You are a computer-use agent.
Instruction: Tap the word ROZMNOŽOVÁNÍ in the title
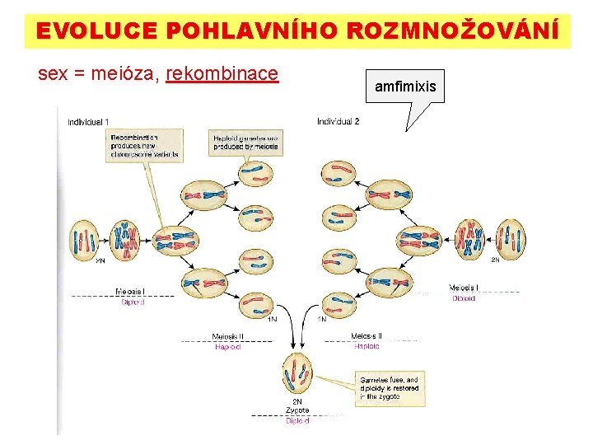[452, 30]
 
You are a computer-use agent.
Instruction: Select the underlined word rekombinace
[222, 74]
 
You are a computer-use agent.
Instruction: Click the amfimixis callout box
[405, 86]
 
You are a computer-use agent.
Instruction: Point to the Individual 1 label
[88, 123]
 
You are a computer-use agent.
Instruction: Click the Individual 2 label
[338, 122]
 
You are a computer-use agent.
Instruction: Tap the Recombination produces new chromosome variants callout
[144, 145]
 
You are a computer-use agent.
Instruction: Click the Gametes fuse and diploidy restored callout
[389, 387]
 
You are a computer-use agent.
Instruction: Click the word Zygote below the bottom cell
[297, 410]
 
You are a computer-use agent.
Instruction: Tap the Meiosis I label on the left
[131, 292]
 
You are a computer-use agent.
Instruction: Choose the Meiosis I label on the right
[463, 288]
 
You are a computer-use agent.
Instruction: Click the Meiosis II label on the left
[227, 336]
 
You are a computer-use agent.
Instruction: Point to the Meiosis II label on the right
[367, 336]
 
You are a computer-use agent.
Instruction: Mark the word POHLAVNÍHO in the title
[253, 30]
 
